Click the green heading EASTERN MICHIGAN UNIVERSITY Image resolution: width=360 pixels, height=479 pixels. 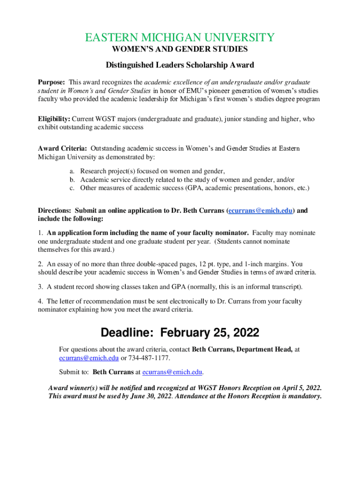pyautogui.click(x=180, y=37)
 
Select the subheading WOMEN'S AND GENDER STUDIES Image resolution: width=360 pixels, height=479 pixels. pyautogui.click(x=180, y=49)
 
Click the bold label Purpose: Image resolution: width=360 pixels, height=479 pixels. pyautogui.click(x=52, y=82)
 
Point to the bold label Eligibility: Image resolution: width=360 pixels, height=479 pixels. pyautogui.click(x=54, y=119)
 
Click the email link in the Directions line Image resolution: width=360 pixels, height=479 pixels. pyautogui.click(x=260, y=211)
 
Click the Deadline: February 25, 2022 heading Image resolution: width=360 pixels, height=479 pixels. pyautogui.click(x=180, y=333)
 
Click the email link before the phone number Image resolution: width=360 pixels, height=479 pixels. pyautogui.click(x=89, y=358)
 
